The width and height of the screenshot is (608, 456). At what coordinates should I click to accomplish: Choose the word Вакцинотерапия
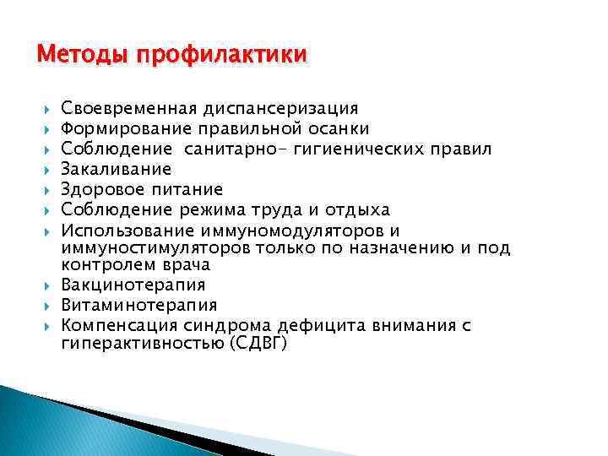(133, 285)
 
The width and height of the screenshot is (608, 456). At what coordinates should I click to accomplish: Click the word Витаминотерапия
(139, 306)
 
